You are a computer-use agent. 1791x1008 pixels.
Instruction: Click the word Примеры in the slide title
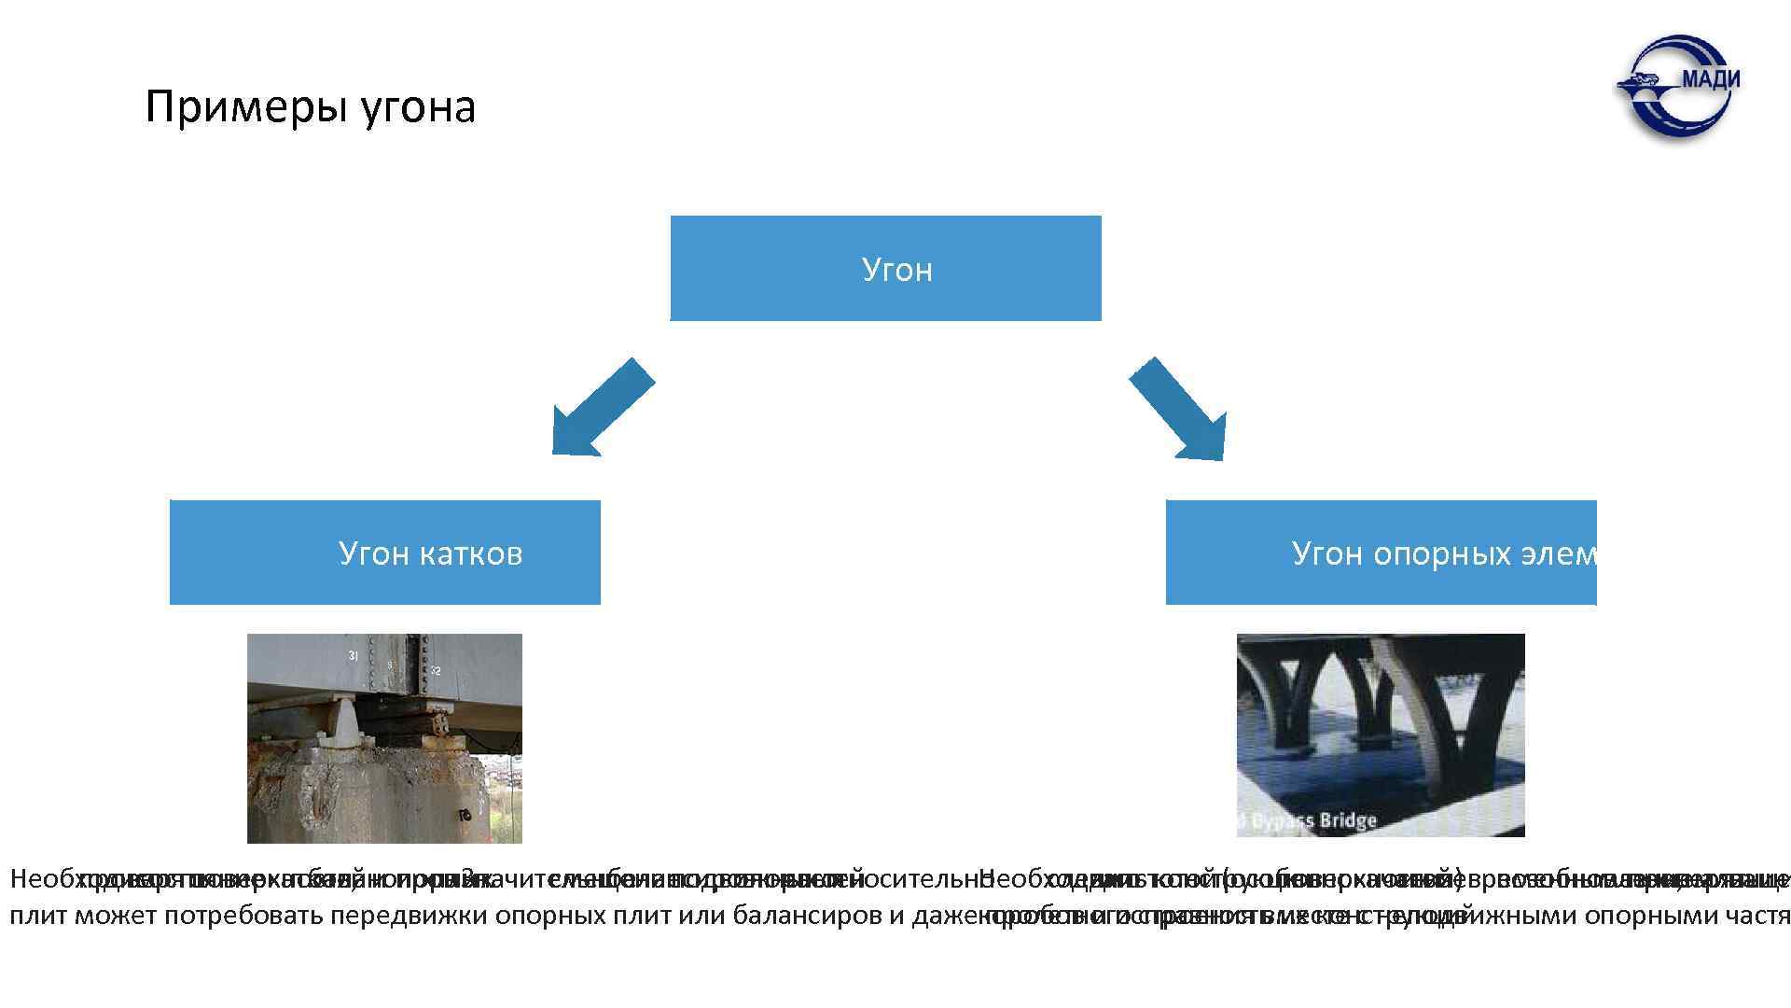coord(246,107)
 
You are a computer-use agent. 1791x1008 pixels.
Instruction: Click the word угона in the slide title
coord(417,107)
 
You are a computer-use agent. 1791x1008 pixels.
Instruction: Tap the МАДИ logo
coord(1678,87)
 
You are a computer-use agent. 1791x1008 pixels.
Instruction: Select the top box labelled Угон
coord(885,269)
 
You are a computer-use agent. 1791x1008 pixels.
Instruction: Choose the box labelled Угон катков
coord(384,553)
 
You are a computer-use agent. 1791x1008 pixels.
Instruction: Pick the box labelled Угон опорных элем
coord(1381,553)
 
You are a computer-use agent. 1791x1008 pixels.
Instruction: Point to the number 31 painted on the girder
coord(354,656)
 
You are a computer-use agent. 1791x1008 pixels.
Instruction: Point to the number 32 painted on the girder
coord(436,670)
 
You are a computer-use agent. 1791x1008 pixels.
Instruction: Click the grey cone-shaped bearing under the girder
coord(345,724)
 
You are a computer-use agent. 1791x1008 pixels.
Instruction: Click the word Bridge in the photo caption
coord(1347,821)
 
